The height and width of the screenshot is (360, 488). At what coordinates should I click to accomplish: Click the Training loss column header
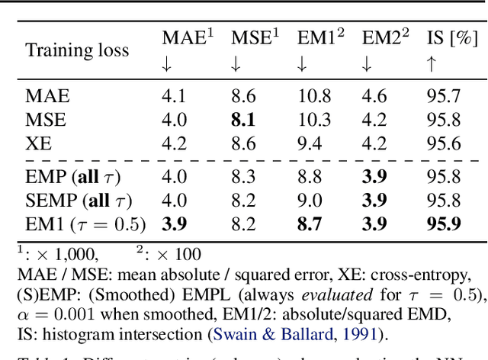point(77,50)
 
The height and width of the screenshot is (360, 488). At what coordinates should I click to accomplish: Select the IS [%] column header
point(456,37)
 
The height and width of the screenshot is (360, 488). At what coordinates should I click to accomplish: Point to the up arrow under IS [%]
point(431,65)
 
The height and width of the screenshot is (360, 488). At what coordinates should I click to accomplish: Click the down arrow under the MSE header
point(236,65)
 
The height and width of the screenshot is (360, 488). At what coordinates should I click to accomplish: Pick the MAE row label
point(47,97)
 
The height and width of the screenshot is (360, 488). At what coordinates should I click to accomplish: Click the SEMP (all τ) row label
point(78,201)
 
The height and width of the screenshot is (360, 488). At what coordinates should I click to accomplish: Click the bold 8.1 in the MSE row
point(245,120)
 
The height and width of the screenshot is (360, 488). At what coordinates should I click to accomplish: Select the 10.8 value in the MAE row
point(314,97)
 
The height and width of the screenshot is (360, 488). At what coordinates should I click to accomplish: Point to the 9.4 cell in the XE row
point(310,143)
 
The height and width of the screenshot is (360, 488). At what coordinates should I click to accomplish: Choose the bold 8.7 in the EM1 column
point(310,224)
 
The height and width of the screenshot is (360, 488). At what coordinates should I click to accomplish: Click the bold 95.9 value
point(444,224)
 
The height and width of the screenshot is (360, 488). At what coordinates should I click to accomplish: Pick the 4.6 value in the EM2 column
point(374,97)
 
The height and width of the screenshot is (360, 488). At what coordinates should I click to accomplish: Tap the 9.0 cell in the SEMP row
point(310,201)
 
